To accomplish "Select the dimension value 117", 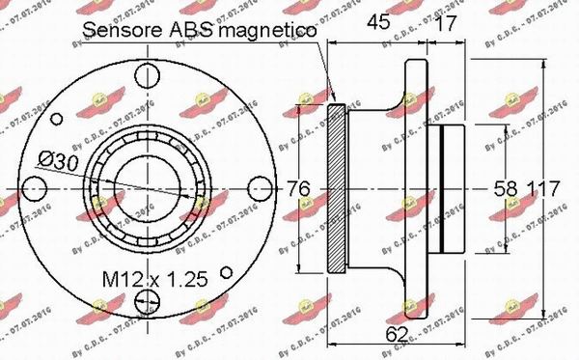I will tap(544, 189).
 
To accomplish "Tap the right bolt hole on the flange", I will tap(259, 188).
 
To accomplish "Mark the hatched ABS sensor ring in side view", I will tap(337, 188).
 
